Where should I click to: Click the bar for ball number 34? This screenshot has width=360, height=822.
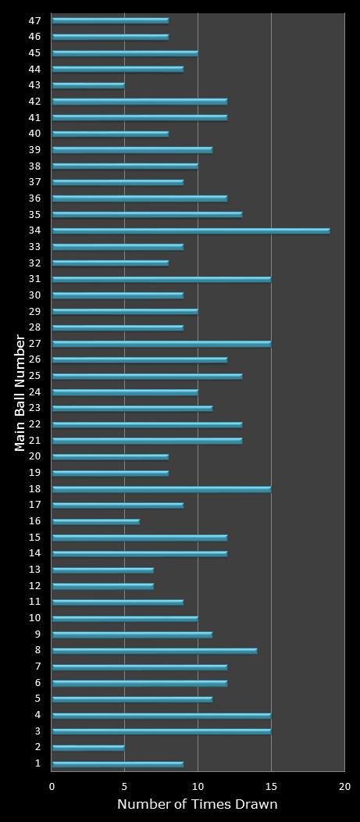pyautogui.click(x=191, y=231)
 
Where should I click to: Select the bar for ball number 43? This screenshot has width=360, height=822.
pyautogui.click(x=88, y=85)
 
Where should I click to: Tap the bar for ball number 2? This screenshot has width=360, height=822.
pyautogui.click(x=88, y=748)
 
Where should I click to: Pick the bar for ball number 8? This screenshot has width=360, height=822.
pyautogui.click(x=154, y=651)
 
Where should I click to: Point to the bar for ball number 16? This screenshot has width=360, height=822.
pyautogui.click(x=95, y=521)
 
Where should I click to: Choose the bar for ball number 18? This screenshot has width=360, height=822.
pyautogui.click(x=161, y=489)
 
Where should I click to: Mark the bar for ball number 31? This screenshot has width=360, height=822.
pyautogui.click(x=161, y=279)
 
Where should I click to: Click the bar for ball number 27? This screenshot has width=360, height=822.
pyautogui.click(x=161, y=344)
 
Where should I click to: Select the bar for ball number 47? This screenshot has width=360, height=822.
pyautogui.click(x=110, y=20)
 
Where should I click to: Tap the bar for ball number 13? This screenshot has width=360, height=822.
pyautogui.click(x=102, y=570)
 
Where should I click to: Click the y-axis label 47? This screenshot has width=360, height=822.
pyautogui.click(x=34, y=20)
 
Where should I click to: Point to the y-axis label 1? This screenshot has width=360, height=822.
pyautogui.click(x=37, y=763)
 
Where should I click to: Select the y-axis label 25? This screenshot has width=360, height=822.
pyautogui.click(x=34, y=376)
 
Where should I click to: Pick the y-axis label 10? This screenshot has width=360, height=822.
pyautogui.click(x=34, y=618)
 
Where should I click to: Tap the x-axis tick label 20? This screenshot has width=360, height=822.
pyautogui.click(x=344, y=787)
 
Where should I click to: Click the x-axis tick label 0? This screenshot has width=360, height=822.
pyautogui.click(x=52, y=787)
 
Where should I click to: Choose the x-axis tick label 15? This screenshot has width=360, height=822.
pyautogui.click(x=271, y=787)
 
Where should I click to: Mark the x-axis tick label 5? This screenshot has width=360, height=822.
pyautogui.click(x=125, y=787)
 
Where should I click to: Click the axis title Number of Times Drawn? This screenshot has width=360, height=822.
pyautogui.click(x=198, y=805)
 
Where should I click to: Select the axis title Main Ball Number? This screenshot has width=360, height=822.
pyautogui.click(x=20, y=392)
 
